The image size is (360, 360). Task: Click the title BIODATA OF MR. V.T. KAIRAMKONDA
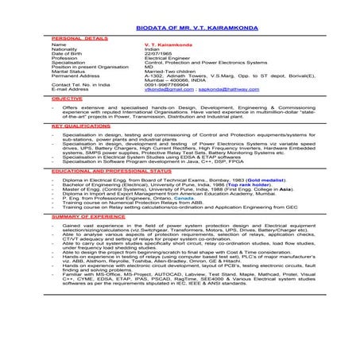[180, 26]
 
